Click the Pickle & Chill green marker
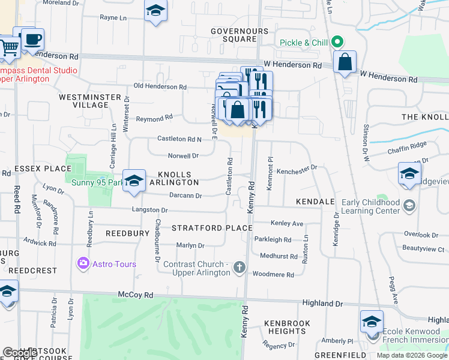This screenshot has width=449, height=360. (x=337, y=42)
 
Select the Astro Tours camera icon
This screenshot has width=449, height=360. (x=83, y=263)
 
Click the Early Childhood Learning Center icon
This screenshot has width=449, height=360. (x=409, y=206)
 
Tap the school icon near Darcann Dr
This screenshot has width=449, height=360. (x=134, y=181)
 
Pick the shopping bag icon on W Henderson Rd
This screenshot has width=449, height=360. (x=345, y=62)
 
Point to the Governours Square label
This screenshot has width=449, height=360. (x=233, y=35)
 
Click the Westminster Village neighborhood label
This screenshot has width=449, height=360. (x=83, y=100)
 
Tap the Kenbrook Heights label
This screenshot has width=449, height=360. (x=288, y=327)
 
